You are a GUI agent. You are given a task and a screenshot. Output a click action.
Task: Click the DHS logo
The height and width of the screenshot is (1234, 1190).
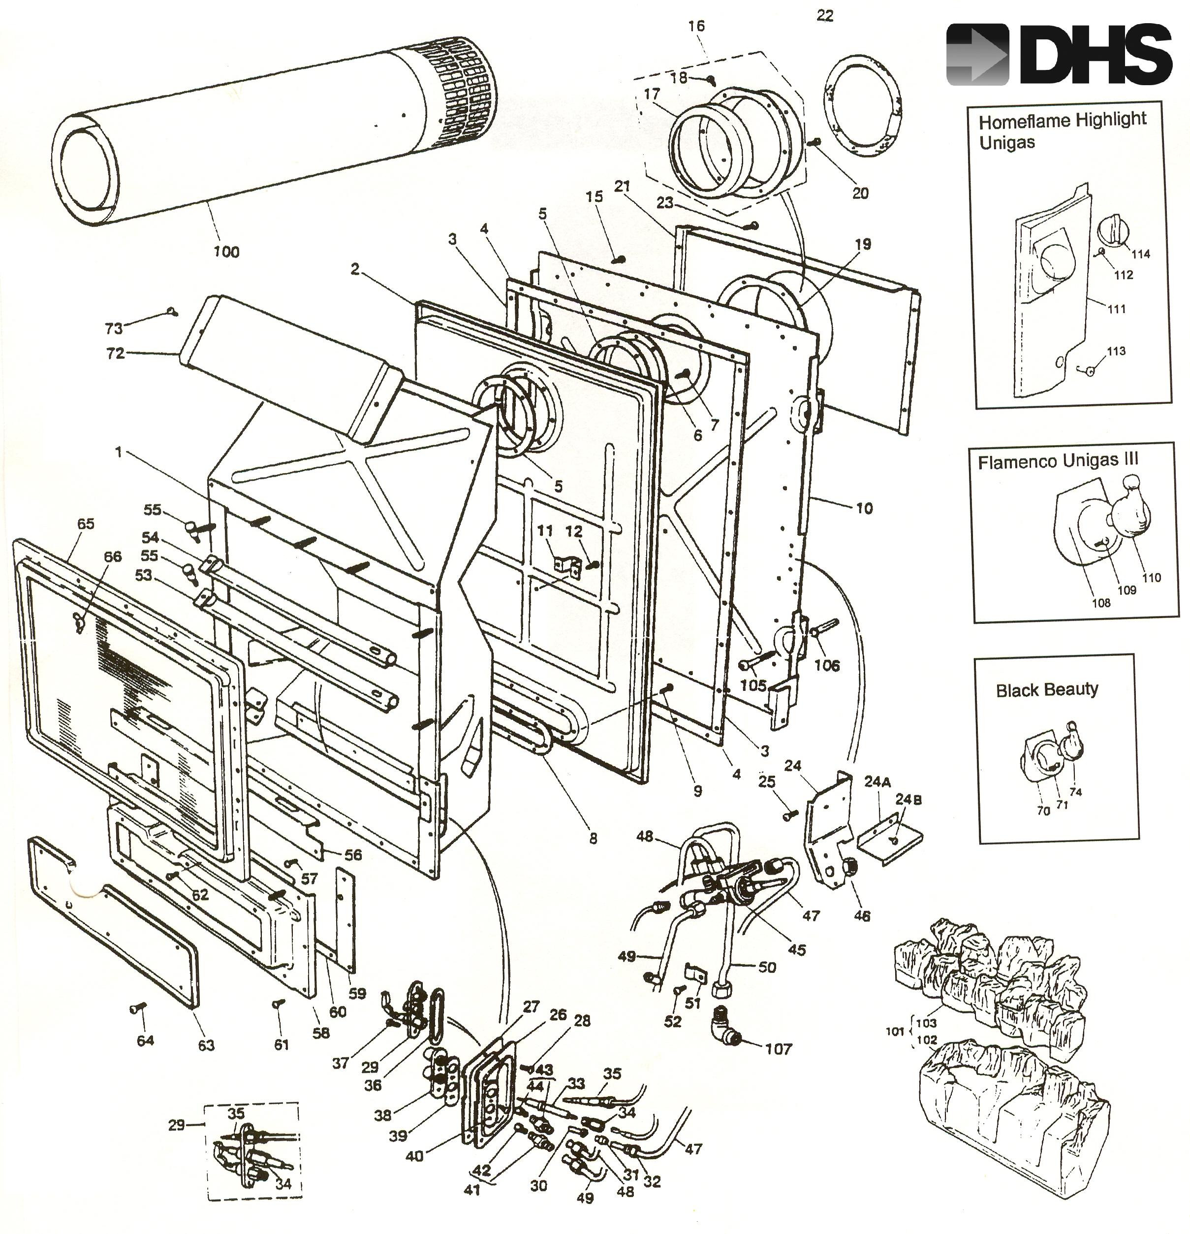(1059, 54)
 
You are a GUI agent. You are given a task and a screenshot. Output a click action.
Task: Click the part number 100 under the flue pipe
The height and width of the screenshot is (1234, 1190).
(226, 252)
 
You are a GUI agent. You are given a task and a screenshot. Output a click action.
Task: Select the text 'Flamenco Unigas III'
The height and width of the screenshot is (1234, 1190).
(1058, 461)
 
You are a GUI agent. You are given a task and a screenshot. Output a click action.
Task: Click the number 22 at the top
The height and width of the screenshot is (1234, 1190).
(824, 16)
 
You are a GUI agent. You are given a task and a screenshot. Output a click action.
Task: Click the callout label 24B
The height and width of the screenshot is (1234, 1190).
(908, 800)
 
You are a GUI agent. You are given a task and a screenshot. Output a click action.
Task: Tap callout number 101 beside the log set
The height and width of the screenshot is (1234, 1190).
(894, 1031)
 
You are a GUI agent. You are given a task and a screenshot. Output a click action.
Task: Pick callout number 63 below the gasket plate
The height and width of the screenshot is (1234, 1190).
(206, 1045)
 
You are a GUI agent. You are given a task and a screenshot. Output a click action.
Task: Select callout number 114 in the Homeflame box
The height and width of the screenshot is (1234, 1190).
(1140, 254)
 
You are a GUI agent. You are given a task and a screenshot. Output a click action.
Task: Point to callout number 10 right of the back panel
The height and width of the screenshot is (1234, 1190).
(864, 508)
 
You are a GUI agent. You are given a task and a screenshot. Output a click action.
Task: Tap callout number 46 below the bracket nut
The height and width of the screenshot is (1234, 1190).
(862, 916)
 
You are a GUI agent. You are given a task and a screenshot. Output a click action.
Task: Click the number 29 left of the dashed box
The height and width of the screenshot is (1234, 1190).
(176, 1125)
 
